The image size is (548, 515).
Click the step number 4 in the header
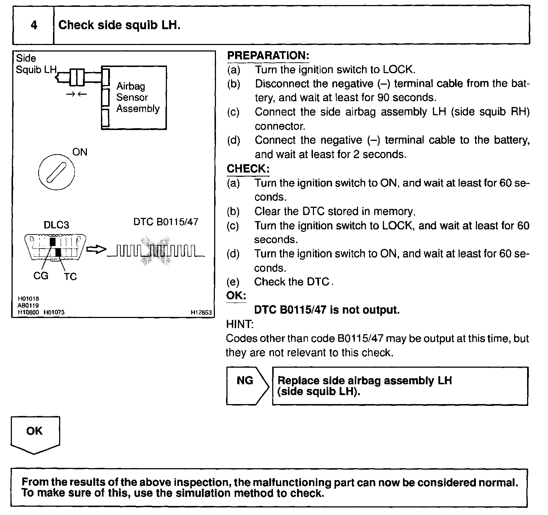pos(34,25)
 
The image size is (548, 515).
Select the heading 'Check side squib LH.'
pos(119,25)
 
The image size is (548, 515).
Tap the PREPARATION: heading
pos(268,55)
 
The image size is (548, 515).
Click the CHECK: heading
pos(248,169)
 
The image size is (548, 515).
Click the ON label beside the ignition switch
pos(80,152)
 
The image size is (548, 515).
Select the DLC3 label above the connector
pos(56,225)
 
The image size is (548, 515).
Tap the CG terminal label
pos(40,276)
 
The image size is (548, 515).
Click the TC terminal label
pos(70,277)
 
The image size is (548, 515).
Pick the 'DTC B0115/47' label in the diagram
pos(166,222)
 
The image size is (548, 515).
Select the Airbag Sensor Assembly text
pos(138,98)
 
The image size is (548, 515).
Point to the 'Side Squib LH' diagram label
pos(35,64)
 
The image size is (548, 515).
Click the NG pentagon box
pos(247,385)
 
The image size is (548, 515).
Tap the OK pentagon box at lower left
pos(35,434)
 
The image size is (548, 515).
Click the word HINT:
pos(240,324)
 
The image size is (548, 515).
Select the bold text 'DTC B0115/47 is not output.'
pos(327,310)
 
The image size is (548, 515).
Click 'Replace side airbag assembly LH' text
pos(364,381)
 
